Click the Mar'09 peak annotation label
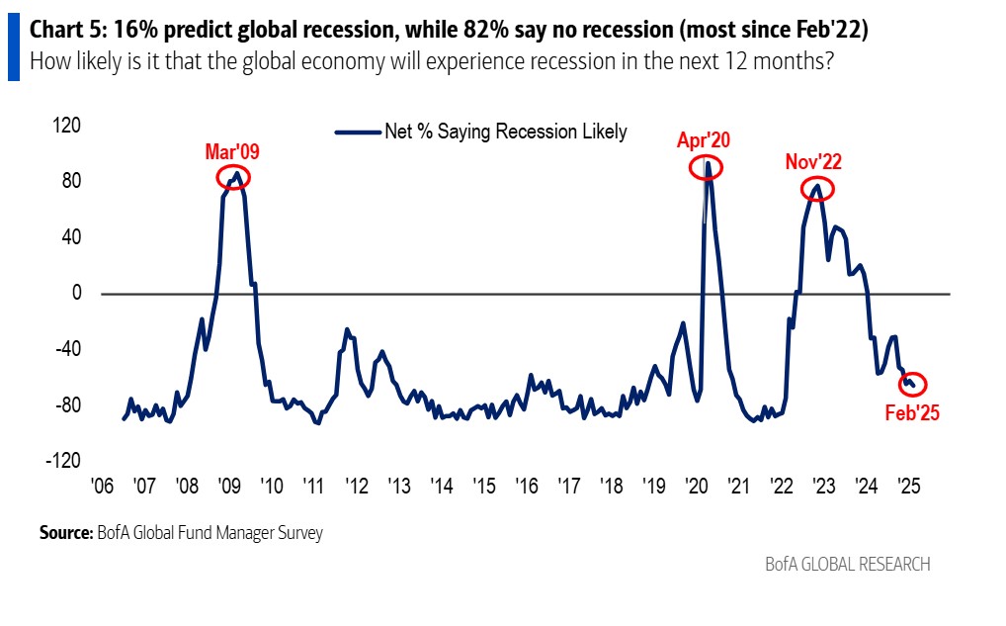click(x=232, y=151)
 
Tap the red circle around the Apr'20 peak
click(x=706, y=168)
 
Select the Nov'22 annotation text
click(x=813, y=161)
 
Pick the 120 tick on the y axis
click(x=66, y=127)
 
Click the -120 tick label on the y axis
click(x=62, y=461)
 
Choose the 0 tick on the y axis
click(x=73, y=294)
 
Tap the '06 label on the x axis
click(x=102, y=487)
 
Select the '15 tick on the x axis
click(x=483, y=487)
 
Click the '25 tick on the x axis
click(x=908, y=487)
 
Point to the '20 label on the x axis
click(x=696, y=487)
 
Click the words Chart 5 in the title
click(x=68, y=31)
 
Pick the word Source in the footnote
click(x=65, y=533)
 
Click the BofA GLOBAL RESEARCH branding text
click(x=847, y=565)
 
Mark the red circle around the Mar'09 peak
click(x=233, y=177)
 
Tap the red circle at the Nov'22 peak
click(x=817, y=187)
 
